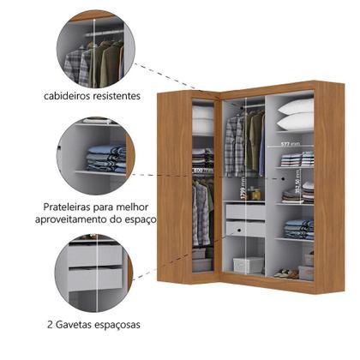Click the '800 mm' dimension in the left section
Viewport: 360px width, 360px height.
pyautogui.click(x=202, y=171)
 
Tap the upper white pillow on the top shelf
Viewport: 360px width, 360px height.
pyautogui.click(x=295, y=105)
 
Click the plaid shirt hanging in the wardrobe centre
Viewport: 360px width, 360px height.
pyautogui.click(x=233, y=141)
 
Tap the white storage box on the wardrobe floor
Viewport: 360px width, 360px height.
pyautogui.click(x=248, y=265)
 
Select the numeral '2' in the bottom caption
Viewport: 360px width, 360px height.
pyautogui.click(x=51, y=327)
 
